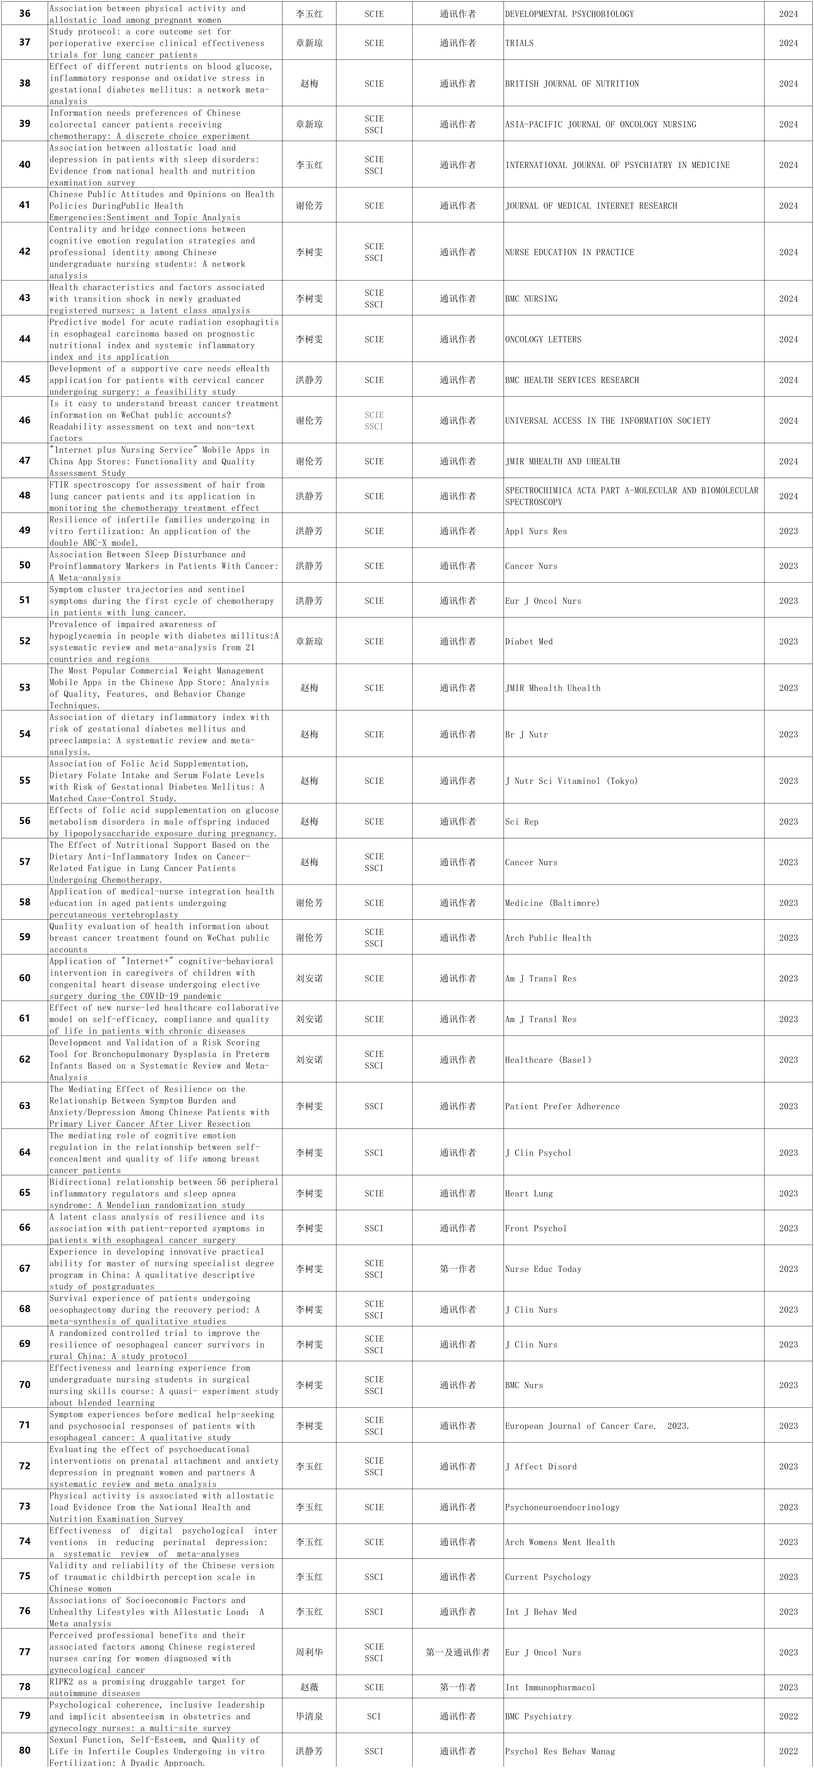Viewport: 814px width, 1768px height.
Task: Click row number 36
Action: click(x=25, y=14)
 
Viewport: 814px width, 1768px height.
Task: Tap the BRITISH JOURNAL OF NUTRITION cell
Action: click(x=572, y=84)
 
